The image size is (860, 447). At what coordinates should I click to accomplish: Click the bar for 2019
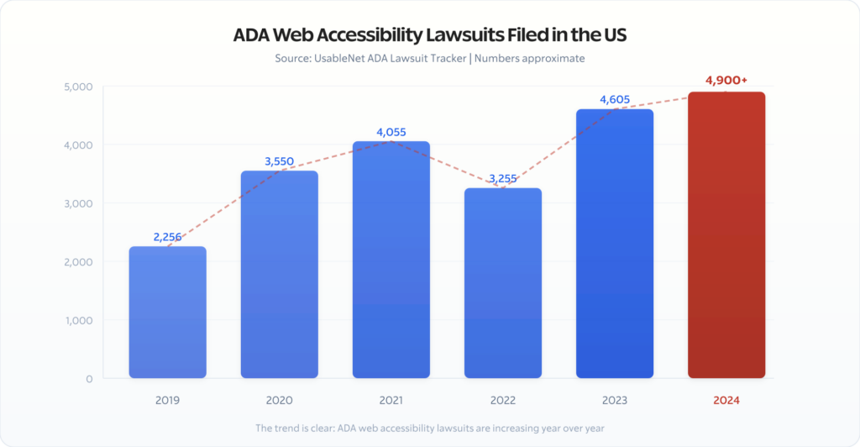pyautogui.click(x=167, y=312)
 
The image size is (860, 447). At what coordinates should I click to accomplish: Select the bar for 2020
pyautogui.click(x=279, y=274)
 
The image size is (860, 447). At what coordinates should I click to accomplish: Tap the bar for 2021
pyautogui.click(x=391, y=260)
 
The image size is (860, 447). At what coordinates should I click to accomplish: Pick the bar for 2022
pyautogui.click(x=502, y=283)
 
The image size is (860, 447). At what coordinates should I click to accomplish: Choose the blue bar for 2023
pyautogui.click(x=614, y=244)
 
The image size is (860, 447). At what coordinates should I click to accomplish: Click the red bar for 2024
pyautogui.click(x=726, y=235)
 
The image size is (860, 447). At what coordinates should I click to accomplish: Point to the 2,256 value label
pyautogui.click(x=167, y=237)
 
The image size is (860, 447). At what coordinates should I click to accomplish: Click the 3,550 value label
pyautogui.click(x=279, y=161)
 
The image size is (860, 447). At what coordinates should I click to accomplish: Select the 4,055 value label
pyautogui.click(x=391, y=132)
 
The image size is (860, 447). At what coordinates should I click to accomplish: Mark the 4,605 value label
pyautogui.click(x=614, y=100)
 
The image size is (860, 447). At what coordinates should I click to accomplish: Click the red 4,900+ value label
pyautogui.click(x=726, y=81)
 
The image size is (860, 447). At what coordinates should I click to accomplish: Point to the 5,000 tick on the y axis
pyautogui.click(x=77, y=87)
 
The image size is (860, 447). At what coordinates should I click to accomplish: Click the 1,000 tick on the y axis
pyautogui.click(x=77, y=320)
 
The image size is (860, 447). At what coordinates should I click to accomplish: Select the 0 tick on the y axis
pyautogui.click(x=88, y=379)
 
